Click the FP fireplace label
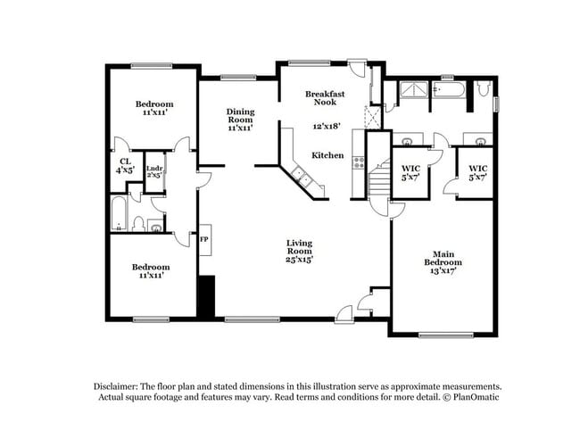[203, 239]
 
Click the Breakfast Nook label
[325, 98]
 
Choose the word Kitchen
[327, 155]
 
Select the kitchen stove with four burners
[359, 162]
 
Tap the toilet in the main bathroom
[482, 88]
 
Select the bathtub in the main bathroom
[449, 88]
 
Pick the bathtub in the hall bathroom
[119, 213]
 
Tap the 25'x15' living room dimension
[299, 259]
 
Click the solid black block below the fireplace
[206, 296]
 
